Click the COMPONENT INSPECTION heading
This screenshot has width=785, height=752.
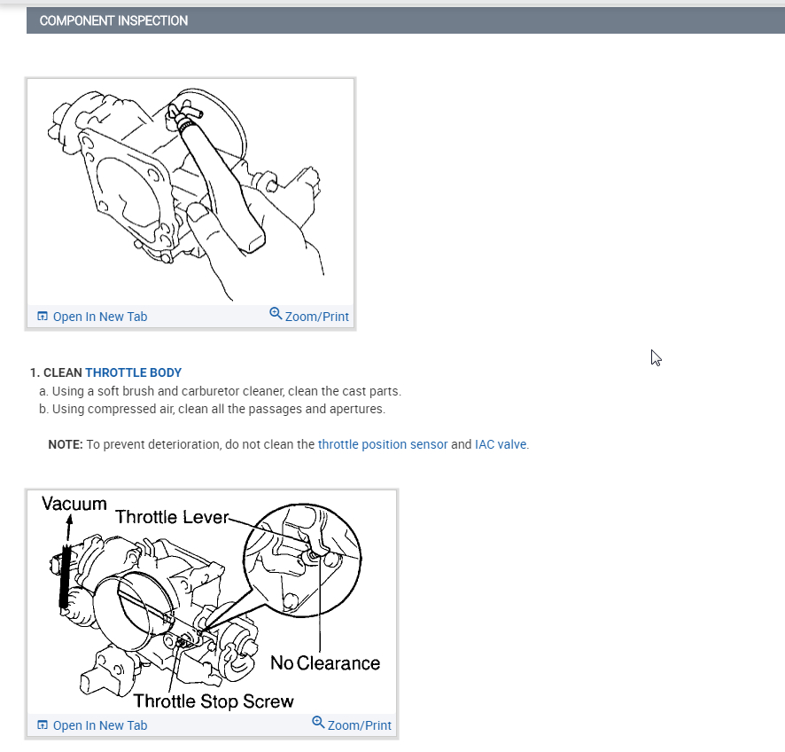[x=113, y=20]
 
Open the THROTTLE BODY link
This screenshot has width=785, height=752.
[x=134, y=373]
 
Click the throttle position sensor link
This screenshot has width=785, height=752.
[x=383, y=444]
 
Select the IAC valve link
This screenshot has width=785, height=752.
[x=501, y=444]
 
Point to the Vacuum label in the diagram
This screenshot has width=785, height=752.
[x=74, y=504]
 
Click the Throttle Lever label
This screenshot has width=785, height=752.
[x=172, y=517]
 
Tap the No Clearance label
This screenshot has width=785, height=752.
[x=325, y=663]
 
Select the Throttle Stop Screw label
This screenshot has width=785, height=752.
[x=214, y=701]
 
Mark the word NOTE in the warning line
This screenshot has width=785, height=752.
[x=66, y=444]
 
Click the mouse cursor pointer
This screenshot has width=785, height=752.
[x=656, y=357]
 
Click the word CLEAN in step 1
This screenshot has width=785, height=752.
[x=63, y=373]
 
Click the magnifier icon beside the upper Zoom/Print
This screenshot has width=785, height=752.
[x=276, y=314]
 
